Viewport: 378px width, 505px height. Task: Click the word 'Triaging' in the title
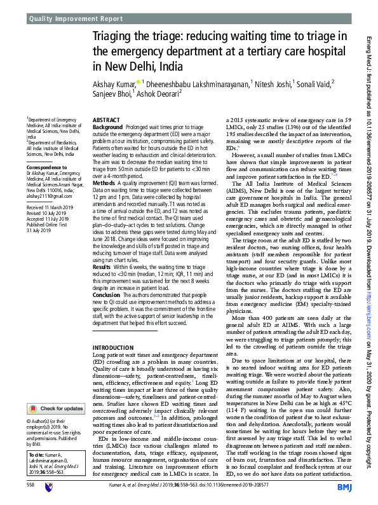click(x=116, y=38)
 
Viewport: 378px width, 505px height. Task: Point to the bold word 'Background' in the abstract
click(x=107, y=127)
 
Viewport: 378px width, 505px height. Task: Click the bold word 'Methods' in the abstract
click(x=104, y=183)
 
